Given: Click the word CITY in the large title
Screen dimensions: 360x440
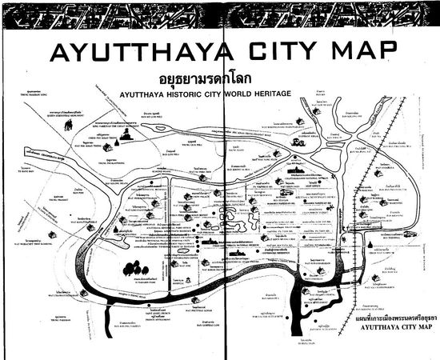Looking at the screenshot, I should pyautogui.click(x=270, y=52).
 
